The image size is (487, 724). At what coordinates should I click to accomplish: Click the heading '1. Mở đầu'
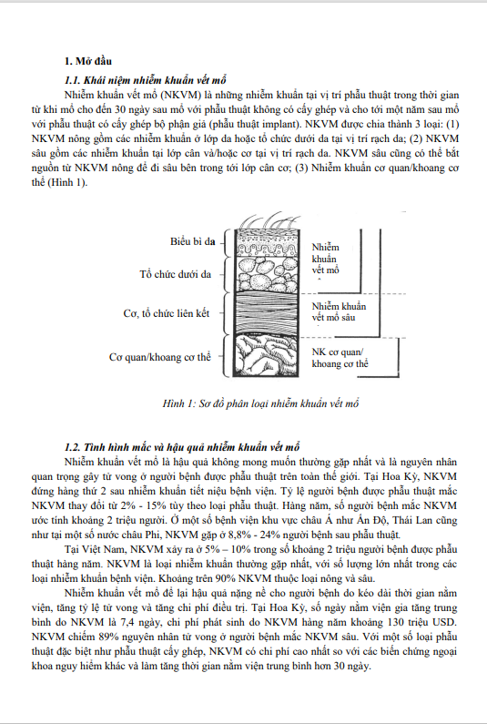point(87,61)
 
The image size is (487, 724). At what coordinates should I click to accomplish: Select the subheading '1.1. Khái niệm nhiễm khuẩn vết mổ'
point(145,80)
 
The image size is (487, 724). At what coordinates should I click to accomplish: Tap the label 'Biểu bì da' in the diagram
point(192,241)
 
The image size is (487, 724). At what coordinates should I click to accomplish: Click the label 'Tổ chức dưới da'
point(176,274)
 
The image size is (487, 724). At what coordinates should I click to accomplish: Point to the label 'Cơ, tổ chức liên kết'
point(167,313)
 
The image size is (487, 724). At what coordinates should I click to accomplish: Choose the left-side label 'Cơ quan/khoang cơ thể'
point(159,357)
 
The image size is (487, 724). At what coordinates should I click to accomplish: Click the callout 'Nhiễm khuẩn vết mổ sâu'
point(339,312)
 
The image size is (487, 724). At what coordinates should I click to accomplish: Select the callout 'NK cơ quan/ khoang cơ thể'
point(340,358)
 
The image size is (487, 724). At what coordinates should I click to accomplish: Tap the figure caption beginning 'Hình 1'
point(260,403)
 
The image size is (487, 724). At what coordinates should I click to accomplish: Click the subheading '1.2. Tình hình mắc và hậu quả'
point(182,447)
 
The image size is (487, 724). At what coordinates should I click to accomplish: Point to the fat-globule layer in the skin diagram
point(268,273)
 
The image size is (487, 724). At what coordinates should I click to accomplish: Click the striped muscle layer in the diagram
point(268,313)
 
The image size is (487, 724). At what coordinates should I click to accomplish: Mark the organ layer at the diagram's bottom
point(268,355)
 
